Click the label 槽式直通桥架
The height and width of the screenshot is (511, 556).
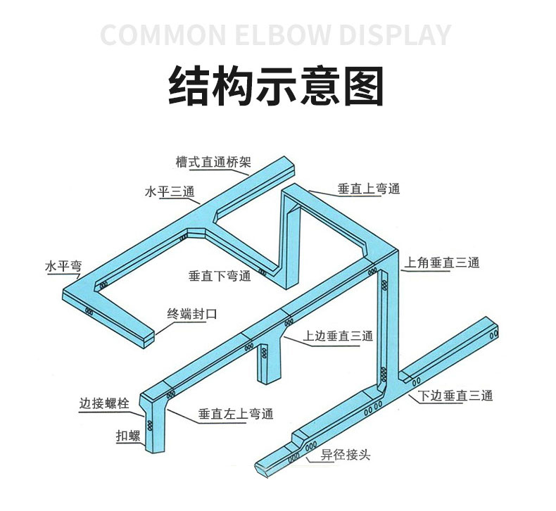[213, 162]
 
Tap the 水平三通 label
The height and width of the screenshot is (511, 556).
[170, 192]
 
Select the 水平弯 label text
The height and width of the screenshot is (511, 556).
[63, 266]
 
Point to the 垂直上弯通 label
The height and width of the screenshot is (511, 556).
[369, 189]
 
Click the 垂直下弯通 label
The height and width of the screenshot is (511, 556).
[220, 275]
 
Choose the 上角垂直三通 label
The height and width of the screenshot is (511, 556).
[442, 263]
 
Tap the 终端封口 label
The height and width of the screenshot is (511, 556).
[192, 314]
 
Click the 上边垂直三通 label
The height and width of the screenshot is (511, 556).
[338, 336]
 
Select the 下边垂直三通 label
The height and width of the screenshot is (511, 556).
[455, 396]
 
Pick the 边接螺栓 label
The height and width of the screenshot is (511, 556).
[104, 403]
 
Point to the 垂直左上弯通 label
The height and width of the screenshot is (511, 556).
[236, 413]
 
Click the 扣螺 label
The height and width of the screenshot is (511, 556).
[128, 436]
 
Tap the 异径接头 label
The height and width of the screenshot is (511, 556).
[346, 454]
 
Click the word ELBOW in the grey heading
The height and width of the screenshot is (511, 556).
[282, 34]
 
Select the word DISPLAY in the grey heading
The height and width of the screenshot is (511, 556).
[394, 34]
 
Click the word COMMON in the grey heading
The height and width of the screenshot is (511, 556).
[163, 34]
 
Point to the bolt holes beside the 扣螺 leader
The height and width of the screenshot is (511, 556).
[150, 425]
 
